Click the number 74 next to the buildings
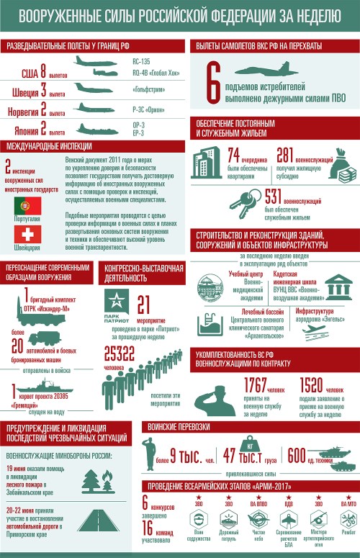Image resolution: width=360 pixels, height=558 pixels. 233,155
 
